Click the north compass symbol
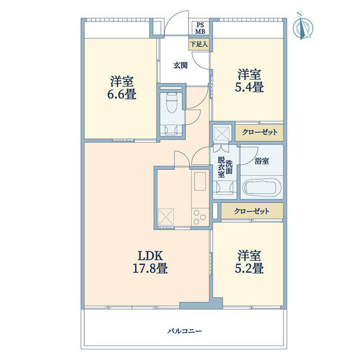pyautogui.click(x=303, y=26)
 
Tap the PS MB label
pyautogui.click(x=200, y=29)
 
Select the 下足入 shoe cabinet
pyautogui.click(x=199, y=44)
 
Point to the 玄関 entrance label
pyautogui.click(x=181, y=65)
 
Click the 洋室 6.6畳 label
pyautogui.click(x=122, y=88)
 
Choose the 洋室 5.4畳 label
pyautogui.click(x=249, y=80)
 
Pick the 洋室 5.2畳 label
pyautogui.click(x=249, y=262)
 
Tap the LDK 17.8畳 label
pyautogui.click(x=150, y=262)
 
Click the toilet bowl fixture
pyautogui.click(x=172, y=103)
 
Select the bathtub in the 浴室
pyautogui.click(x=262, y=186)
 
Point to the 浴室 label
pyautogui.click(x=262, y=161)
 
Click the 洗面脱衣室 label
pyautogui.click(x=225, y=167)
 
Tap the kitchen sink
pyautogui.click(x=200, y=181)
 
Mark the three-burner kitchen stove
pyautogui.click(x=200, y=217)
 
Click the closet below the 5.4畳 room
pyautogui.click(x=259, y=132)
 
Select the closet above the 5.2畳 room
pyautogui.click(x=252, y=211)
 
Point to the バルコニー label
pyautogui.click(x=184, y=331)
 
